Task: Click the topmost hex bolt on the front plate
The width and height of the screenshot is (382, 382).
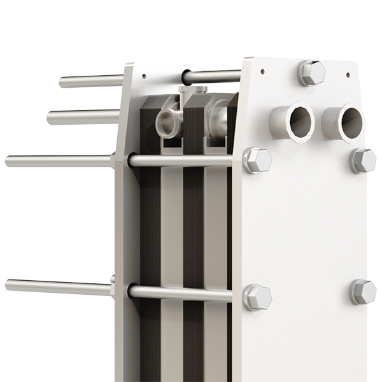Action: pos(311,72)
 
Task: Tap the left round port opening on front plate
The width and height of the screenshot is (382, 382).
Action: pos(300,122)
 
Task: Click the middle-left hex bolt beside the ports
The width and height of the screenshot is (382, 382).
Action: pos(257,160)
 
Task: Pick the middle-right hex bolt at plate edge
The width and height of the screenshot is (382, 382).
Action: pos(363,160)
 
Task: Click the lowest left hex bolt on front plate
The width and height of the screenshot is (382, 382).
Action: pos(257,297)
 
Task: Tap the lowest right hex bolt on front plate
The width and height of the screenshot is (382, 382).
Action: pos(363,291)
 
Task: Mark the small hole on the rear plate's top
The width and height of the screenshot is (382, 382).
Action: pos(144,75)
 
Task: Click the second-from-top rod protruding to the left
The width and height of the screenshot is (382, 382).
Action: pos(83,117)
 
